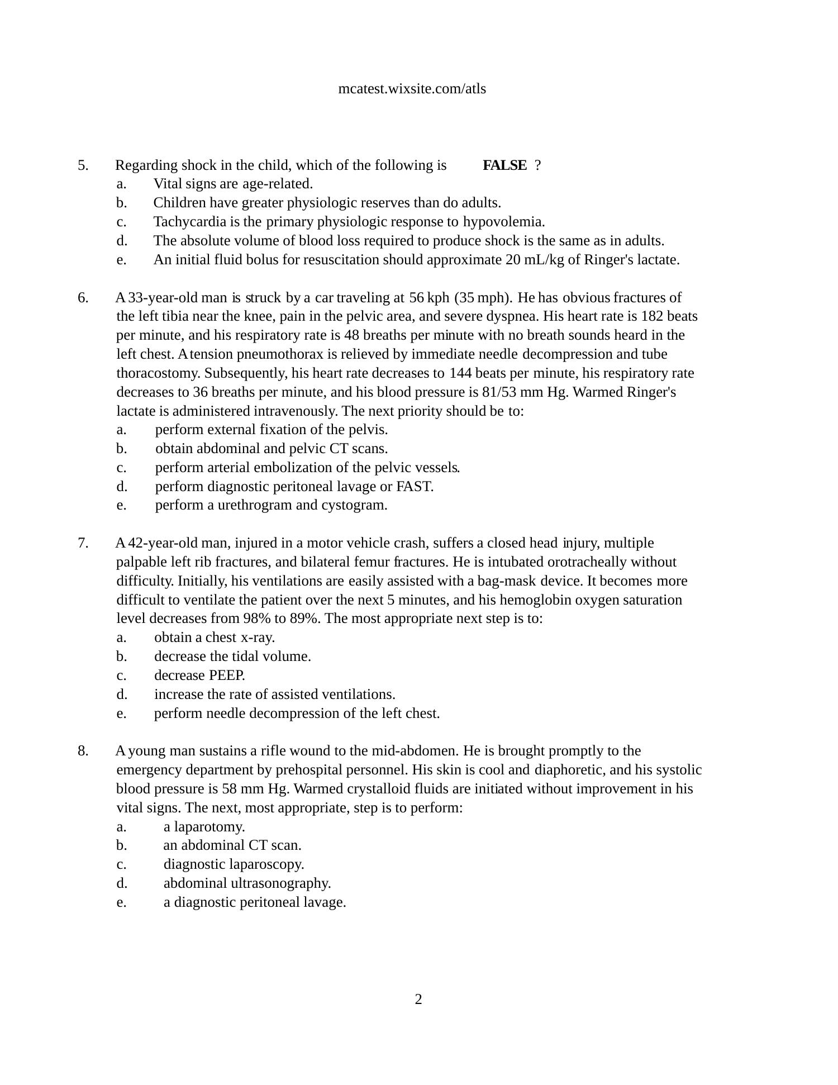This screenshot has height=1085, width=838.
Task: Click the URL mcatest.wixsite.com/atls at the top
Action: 412,89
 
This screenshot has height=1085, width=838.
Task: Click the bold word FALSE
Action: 504,165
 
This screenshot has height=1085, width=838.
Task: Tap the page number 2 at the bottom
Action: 418,1000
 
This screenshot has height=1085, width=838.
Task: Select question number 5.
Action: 83,165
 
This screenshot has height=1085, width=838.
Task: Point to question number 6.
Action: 83,298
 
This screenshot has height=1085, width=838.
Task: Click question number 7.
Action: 83,543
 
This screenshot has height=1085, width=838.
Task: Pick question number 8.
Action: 83,751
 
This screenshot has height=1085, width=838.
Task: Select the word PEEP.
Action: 227,675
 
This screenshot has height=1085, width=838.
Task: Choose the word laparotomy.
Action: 209,827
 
